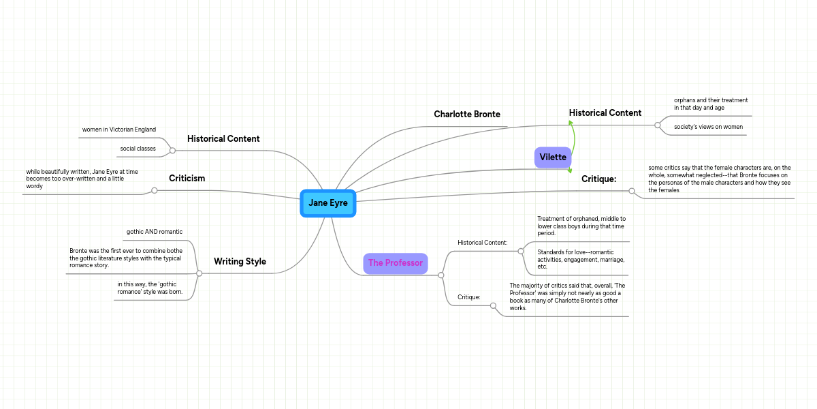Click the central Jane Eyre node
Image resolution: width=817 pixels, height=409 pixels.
coord(328,203)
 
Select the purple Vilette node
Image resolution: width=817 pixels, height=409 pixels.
coord(553,157)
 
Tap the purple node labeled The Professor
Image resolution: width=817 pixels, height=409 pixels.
coord(396,263)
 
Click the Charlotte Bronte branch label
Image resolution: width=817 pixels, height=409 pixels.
coord(467,115)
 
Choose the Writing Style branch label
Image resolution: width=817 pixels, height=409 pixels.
coord(240,262)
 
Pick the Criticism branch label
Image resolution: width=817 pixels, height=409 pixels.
coord(187,179)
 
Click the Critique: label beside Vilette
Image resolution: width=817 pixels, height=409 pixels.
coord(598,179)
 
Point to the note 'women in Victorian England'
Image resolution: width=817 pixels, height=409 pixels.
coord(119,130)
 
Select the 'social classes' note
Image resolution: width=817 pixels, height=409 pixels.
coord(138,149)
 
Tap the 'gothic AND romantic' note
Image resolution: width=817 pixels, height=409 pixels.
coord(155,232)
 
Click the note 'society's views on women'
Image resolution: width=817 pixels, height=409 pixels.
coord(708,127)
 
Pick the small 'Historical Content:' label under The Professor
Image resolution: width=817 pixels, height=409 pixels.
coord(483,243)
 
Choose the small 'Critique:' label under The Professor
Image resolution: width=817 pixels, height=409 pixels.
coord(469,297)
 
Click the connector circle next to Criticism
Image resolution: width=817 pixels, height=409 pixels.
coord(155,191)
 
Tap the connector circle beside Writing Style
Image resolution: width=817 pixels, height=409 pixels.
coord(199,273)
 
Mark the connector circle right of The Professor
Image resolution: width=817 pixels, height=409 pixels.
coord(441,275)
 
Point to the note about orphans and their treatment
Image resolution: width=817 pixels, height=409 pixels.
coord(711,104)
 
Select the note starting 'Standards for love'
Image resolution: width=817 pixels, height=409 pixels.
coord(581,259)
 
